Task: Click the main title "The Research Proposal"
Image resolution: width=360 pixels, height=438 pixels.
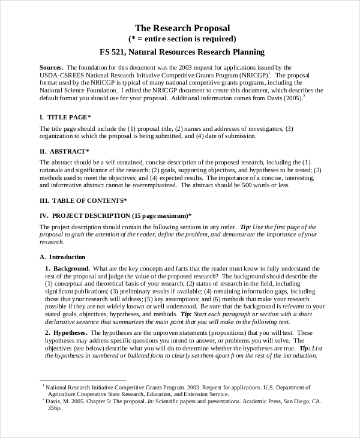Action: coord(182,28)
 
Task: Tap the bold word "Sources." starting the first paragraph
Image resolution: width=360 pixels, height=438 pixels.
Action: coord(52,67)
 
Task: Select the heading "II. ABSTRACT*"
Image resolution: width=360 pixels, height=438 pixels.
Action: coord(64,152)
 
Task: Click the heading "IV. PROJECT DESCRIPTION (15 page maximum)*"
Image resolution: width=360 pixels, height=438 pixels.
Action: coord(115,215)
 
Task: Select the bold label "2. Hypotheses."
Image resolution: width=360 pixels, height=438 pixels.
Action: coord(68,332)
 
